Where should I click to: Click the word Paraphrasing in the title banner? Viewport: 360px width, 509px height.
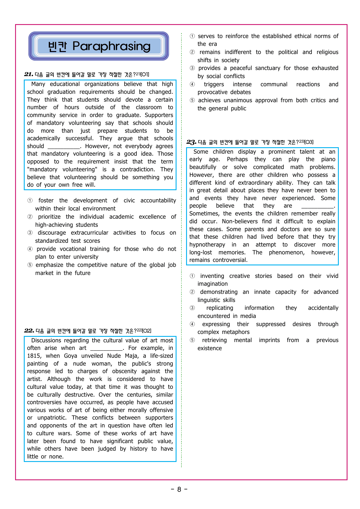point(111,46)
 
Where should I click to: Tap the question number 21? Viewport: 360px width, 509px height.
point(28,74)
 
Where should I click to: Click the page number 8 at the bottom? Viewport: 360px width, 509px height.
point(179,490)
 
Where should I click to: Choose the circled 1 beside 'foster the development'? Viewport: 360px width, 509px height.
point(30,201)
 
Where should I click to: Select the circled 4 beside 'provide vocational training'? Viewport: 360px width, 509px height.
point(30,249)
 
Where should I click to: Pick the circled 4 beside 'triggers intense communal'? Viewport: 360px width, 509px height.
point(192,84)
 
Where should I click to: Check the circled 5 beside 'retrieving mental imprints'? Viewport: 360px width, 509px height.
point(192,340)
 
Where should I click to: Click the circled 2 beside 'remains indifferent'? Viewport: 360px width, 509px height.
point(192,52)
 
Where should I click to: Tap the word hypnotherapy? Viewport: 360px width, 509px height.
point(207,245)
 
